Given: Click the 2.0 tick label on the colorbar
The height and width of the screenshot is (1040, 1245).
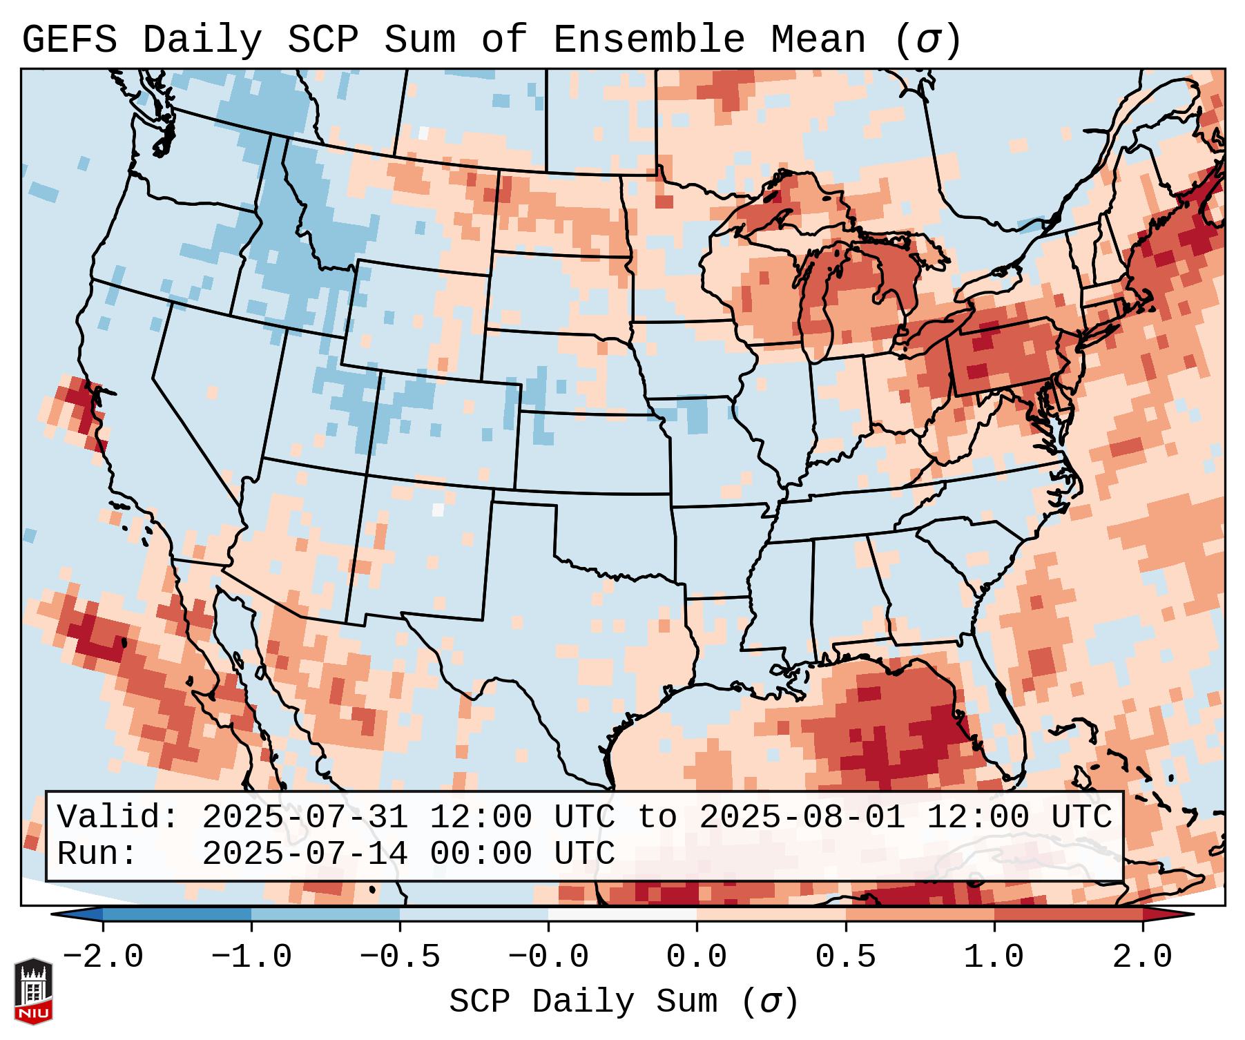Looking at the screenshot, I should pos(1142,957).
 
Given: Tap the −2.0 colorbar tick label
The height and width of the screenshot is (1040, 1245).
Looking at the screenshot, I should pos(103,957).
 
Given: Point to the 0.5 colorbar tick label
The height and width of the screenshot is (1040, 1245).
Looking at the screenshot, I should pos(845,957).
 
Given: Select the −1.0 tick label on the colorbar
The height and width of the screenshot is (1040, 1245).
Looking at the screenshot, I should pos(251,957).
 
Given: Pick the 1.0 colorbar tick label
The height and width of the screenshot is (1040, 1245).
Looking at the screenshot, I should pos(994,957).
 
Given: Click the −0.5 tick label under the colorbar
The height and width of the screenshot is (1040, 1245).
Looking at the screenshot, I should pos(400,957).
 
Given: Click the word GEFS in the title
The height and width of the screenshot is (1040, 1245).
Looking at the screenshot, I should pos(69,39).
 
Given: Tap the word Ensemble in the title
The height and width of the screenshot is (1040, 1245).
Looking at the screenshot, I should pos(648,39).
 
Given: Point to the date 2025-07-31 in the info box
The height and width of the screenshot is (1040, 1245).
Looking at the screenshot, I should pos(305,817).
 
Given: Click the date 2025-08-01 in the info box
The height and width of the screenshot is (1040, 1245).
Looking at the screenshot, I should pos(802,817).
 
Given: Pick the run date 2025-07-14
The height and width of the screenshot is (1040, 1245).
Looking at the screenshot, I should pos(305,854).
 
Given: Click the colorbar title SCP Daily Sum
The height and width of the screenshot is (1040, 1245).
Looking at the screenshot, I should pos(583,1002).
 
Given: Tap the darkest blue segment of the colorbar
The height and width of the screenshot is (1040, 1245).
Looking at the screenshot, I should pos(177,914).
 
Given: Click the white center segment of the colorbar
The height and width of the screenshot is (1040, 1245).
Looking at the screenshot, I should pos(622,914).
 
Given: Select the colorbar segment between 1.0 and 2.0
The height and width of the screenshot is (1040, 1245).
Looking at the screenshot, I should pos(1068,914).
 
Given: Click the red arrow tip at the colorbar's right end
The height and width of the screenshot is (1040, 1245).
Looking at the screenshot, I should pos(1174,914).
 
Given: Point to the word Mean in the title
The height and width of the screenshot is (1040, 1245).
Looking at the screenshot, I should pos(818,39).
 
